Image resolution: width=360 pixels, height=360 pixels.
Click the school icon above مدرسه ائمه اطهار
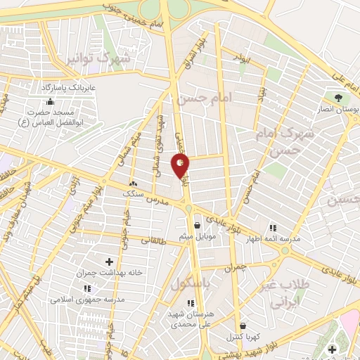coord(273,227)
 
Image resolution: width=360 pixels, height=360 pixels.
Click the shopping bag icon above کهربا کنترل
coord(243,326)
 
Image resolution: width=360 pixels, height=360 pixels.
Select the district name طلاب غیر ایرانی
coord(291,295)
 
